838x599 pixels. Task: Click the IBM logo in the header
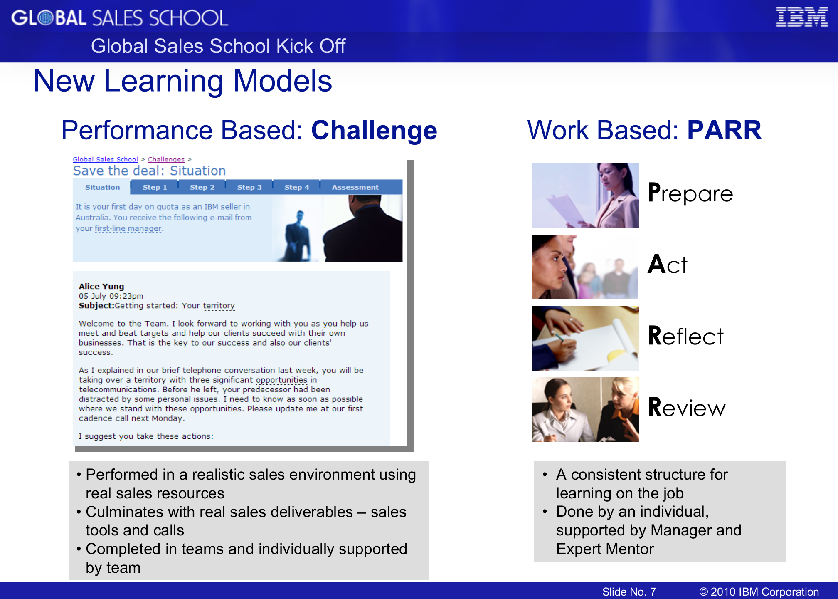(x=802, y=17)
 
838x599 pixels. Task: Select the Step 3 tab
(x=249, y=187)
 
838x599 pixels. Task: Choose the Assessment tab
(x=355, y=187)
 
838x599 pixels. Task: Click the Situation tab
(x=102, y=187)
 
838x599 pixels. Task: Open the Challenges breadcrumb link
(x=166, y=159)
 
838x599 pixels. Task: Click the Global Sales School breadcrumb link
(x=105, y=159)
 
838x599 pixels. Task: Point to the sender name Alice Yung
(x=101, y=286)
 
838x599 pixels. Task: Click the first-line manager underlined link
(x=128, y=228)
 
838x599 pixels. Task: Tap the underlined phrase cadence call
(x=104, y=418)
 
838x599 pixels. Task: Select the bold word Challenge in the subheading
(x=374, y=131)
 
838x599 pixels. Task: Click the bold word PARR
(x=725, y=130)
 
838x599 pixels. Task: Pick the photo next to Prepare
(x=585, y=196)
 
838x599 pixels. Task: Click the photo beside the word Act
(x=585, y=267)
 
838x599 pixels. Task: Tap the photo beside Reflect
(x=585, y=338)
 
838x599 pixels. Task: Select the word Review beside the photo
(x=687, y=407)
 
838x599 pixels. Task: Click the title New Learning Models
(x=183, y=81)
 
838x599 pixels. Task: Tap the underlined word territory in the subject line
(x=219, y=306)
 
